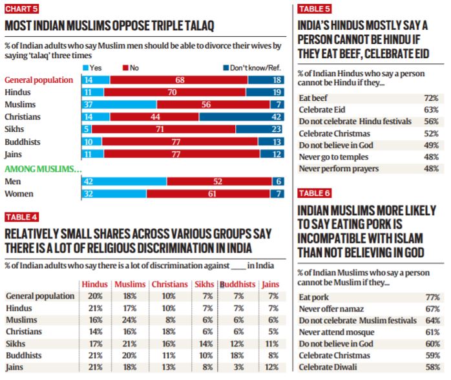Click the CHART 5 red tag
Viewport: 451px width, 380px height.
21,8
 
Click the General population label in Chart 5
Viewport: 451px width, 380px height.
39,80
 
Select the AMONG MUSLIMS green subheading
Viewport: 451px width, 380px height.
43,169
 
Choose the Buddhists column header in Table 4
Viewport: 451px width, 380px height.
237,284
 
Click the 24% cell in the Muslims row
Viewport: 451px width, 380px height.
129,320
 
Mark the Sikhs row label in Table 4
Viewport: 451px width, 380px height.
17,344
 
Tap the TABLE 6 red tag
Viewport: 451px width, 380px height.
314,193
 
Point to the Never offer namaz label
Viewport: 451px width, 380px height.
333,309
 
